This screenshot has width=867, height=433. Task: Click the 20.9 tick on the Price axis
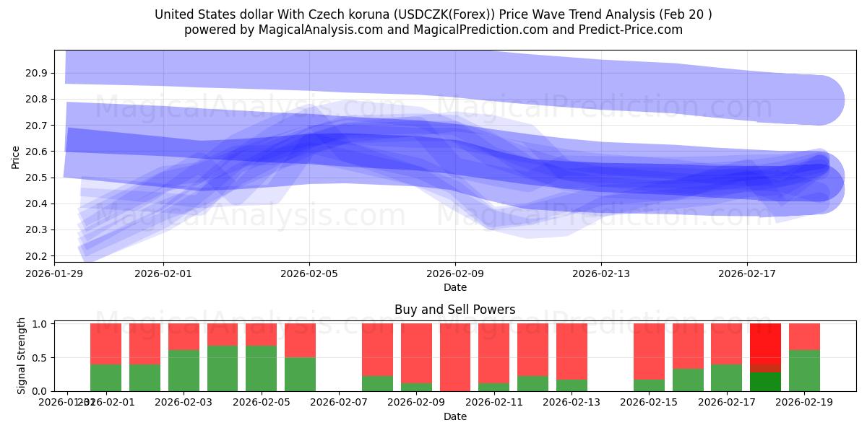tap(38, 73)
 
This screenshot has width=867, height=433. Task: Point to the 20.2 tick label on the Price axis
tap(38, 256)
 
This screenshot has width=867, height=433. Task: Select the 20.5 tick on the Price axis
tap(38, 178)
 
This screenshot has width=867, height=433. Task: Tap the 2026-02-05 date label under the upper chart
tap(309, 274)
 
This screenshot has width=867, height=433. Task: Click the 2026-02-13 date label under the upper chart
tap(601, 274)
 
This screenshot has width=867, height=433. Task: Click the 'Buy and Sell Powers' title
tap(454, 310)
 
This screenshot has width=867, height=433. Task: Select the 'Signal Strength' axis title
tap(22, 355)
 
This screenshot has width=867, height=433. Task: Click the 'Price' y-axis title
tap(16, 157)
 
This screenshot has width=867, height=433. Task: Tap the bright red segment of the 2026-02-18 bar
tap(765, 347)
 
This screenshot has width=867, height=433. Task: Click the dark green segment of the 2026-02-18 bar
tap(765, 381)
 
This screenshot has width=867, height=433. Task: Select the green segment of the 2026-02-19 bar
tap(804, 371)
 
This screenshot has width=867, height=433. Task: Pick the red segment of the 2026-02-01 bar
tap(105, 344)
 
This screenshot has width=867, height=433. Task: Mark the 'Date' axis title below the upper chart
tap(454, 287)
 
